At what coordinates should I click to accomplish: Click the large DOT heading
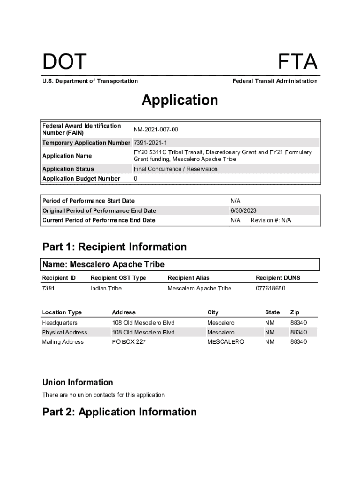tap(65, 62)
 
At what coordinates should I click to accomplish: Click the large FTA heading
tap(297, 62)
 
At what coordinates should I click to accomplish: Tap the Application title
tap(180, 100)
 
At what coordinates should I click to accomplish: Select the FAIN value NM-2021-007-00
tap(156, 129)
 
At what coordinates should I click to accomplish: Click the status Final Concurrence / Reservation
tap(175, 169)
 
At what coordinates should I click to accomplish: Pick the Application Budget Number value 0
tap(135, 179)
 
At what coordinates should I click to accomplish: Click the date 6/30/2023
tap(243, 210)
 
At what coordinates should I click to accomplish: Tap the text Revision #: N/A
tap(271, 220)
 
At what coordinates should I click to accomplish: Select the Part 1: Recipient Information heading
tap(114, 247)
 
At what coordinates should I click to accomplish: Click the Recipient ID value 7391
tap(48, 288)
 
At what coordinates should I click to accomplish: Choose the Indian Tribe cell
tap(106, 288)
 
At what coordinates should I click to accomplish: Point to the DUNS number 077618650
tap(270, 288)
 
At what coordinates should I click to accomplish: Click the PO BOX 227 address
tap(129, 342)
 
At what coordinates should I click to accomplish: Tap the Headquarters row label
tap(59, 323)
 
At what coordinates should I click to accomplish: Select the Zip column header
tap(295, 312)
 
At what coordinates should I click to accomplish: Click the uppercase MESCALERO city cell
tap(225, 342)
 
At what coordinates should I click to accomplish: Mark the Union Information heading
tap(78, 382)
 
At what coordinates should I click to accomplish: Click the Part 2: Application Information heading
tap(119, 412)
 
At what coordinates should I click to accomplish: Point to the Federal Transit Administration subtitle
tap(274, 81)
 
